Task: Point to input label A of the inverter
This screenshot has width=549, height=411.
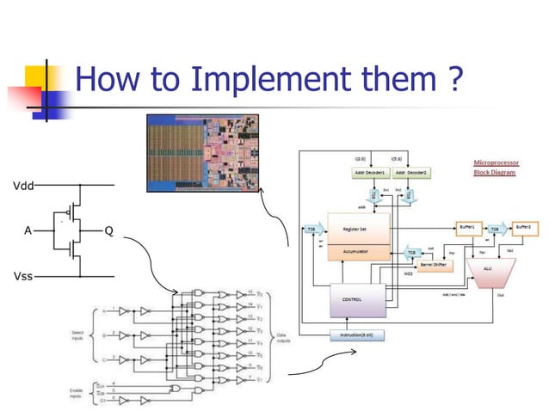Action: click(28, 230)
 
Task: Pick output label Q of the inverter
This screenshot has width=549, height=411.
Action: click(108, 230)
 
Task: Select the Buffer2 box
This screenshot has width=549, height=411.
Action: click(523, 228)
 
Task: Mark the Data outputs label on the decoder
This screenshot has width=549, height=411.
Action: click(283, 338)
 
